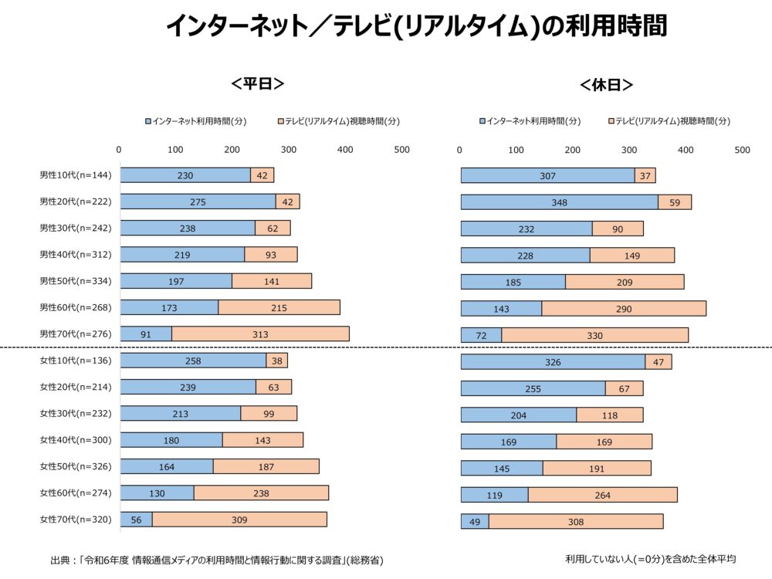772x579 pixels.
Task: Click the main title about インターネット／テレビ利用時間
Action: coord(416,28)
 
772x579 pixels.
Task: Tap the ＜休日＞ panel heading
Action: coord(606,84)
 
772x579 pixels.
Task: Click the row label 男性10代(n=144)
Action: coord(76,175)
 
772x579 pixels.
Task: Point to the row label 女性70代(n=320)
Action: coord(76,520)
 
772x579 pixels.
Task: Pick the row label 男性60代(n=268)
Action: coord(76,308)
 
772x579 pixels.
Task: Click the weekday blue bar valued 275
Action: coord(198,201)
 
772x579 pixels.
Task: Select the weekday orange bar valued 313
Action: coord(260,334)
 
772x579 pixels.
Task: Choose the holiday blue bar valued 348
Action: coord(559,202)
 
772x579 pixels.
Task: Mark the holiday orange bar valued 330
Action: coord(594,335)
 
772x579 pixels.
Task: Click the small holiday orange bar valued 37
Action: coord(645,176)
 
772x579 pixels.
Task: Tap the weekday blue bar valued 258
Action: coord(193,361)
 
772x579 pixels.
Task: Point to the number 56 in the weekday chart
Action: coord(136,520)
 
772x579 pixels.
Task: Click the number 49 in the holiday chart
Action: coord(475,522)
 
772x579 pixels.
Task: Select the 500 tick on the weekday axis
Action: coord(401,150)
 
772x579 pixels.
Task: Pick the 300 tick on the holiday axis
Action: coord(629,150)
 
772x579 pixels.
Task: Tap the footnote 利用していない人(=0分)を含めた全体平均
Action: coord(650,558)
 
